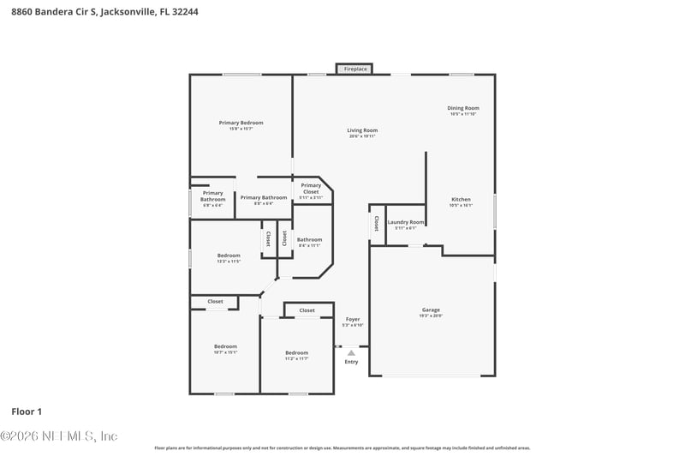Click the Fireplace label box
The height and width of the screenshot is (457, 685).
[x=354, y=69]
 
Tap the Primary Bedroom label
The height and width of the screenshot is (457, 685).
[x=241, y=123]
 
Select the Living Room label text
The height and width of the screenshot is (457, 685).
[x=362, y=130]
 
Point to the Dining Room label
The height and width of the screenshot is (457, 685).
[x=463, y=108]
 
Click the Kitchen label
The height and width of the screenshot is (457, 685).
[x=461, y=199]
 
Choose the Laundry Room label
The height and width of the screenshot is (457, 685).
[x=405, y=222]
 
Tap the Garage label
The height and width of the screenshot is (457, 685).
[x=431, y=310]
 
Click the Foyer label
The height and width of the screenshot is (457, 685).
[x=352, y=319]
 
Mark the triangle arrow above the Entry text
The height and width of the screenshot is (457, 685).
[x=351, y=352]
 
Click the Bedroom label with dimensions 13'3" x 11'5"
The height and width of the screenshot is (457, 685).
[x=229, y=255]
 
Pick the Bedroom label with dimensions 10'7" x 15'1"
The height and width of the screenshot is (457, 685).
[x=225, y=346]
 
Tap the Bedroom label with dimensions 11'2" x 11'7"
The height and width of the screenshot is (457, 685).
[x=296, y=352]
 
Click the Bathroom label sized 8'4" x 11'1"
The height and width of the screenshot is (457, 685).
[x=309, y=239]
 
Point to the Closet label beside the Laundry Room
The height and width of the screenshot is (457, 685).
[x=376, y=224]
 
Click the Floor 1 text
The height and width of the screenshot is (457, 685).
[x=26, y=412]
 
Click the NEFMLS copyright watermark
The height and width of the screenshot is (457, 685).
[x=58, y=436]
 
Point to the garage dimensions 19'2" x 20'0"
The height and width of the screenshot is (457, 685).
[x=431, y=316]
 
